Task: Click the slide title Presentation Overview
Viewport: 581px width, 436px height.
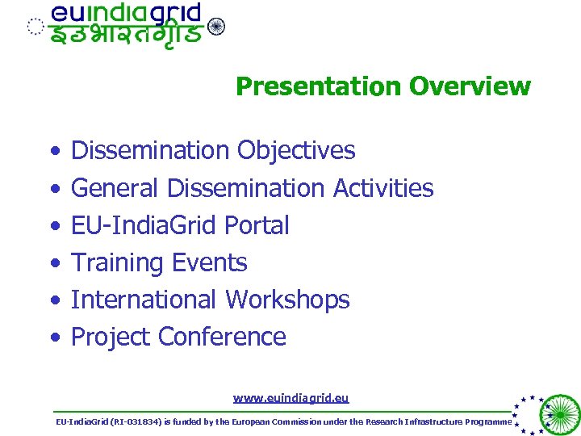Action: pos(382,86)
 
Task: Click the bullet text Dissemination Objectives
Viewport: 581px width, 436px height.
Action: pos(213,150)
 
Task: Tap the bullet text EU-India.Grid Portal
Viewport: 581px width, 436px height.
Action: pos(180,225)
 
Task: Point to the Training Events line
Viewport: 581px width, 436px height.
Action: pos(159,262)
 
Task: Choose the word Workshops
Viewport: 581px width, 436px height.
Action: pos(287,300)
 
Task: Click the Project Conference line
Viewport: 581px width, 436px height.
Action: pos(178,337)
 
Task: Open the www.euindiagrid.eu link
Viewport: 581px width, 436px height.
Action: pos(290,397)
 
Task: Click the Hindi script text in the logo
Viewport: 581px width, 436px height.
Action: pos(125,36)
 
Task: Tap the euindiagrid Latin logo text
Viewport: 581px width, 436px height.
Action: pos(125,14)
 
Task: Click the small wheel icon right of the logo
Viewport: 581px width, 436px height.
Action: pos(216,27)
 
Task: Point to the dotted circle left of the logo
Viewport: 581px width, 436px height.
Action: pos(34,27)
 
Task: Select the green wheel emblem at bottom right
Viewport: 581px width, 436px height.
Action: pos(558,413)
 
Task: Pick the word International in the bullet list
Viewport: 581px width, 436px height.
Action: pos(144,300)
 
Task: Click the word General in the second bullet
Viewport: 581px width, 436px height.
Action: pos(115,188)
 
